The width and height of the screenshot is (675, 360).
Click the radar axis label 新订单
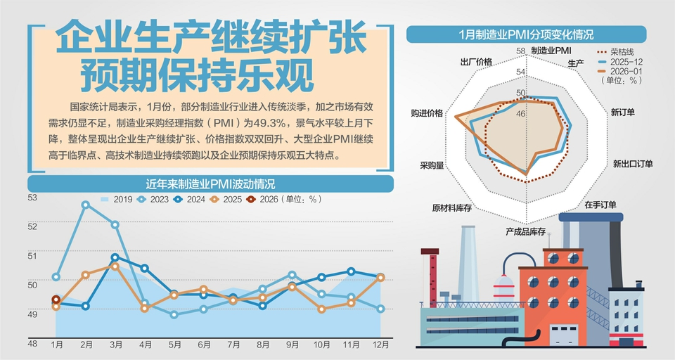[623, 112]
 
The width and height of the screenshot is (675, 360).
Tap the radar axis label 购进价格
[427, 113]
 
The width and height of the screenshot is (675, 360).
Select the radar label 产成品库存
[526, 231]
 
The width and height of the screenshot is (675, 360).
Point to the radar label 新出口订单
[632, 164]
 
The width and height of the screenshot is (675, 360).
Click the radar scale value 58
[520, 51]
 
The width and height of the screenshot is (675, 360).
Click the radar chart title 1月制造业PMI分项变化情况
[526, 34]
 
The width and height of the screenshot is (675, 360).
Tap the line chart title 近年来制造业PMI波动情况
[210, 184]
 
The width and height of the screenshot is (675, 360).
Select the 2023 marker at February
[86, 205]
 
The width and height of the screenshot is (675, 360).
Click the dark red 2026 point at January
[56, 300]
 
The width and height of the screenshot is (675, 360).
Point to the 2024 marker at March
[115, 257]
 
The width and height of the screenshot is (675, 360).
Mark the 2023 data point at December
[380, 309]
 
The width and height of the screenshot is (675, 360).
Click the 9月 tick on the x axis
[292, 345]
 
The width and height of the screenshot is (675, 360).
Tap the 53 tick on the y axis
[32, 198]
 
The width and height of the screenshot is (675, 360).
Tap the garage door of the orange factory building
[562, 336]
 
